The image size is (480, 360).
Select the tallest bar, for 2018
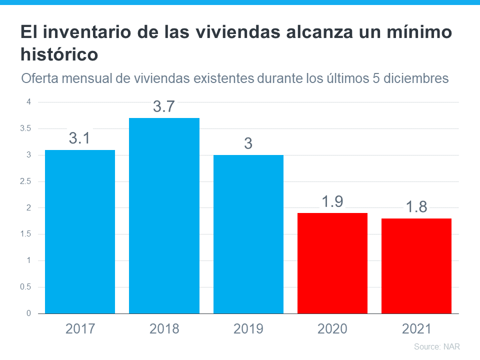[x=164, y=215]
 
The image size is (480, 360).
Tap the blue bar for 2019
[x=248, y=234]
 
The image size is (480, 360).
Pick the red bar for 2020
[x=332, y=263]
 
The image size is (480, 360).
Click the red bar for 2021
[x=416, y=265]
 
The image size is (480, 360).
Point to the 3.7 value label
[x=163, y=106]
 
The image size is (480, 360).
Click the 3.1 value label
[x=79, y=138]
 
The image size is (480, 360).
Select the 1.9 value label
[x=332, y=201]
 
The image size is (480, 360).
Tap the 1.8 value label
[x=416, y=206]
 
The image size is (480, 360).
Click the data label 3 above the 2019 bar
[x=248, y=143]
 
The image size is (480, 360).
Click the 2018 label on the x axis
[x=164, y=328]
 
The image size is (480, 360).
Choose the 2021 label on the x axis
[x=416, y=328]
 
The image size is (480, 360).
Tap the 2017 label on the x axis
[x=80, y=328]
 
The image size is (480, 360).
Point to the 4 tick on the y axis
[x=28, y=102]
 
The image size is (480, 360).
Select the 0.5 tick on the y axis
[x=25, y=287]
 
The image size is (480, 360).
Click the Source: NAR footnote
[x=436, y=346]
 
